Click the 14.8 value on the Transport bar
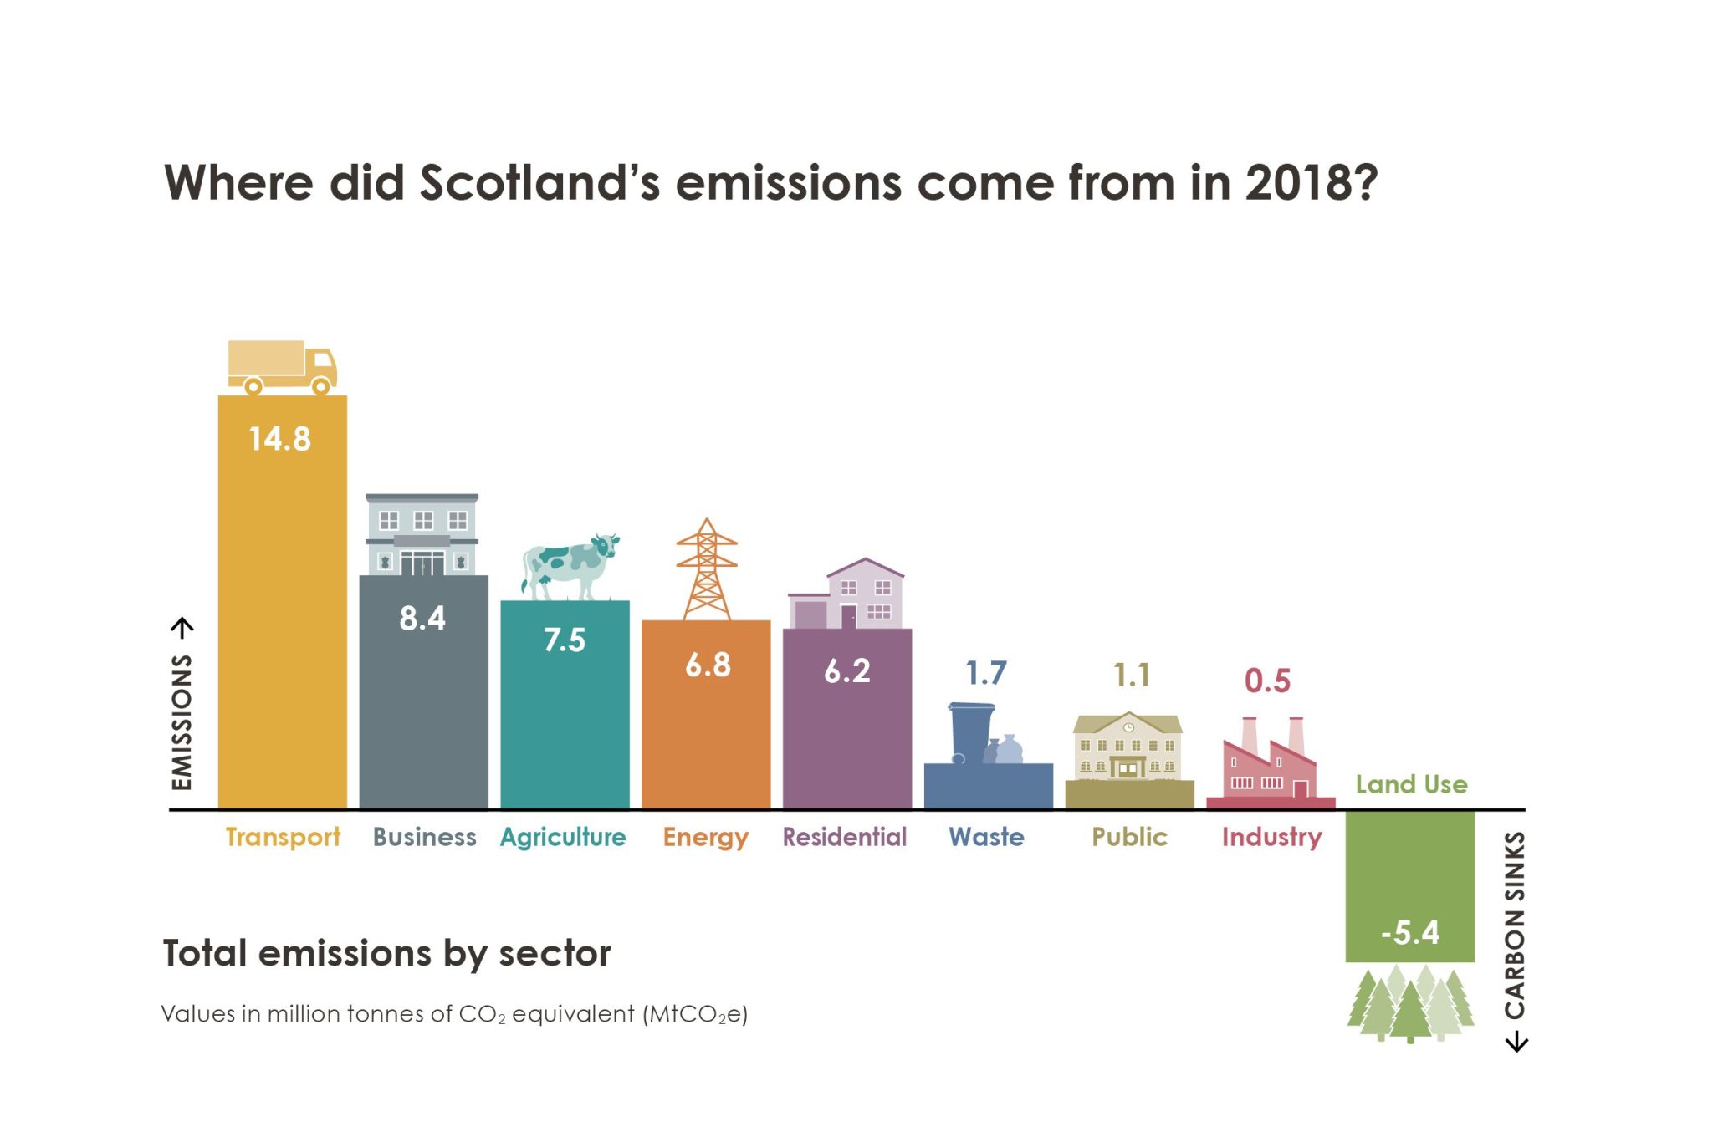point(280,439)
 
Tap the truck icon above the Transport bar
point(282,367)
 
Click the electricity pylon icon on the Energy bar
point(707,569)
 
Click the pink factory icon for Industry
point(1269,761)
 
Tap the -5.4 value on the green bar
point(1410,932)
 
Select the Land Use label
point(1411,784)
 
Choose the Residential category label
point(845,837)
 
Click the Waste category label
point(986,837)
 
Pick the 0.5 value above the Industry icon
point(1267,681)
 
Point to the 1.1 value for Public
point(1132,675)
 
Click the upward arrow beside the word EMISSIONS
point(182,627)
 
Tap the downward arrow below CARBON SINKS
point(1516,1043)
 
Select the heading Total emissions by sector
point(386,953)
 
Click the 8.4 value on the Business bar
point(422,619)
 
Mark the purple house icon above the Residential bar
point(847,594)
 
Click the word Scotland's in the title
point(539,182)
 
